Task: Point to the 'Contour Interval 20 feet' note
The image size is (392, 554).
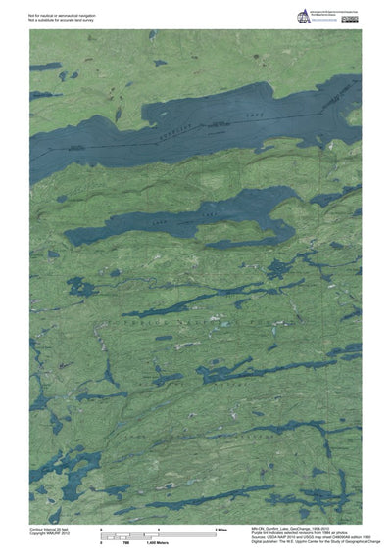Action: [x=50, y=529]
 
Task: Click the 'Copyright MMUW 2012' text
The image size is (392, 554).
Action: [x=50, y=533]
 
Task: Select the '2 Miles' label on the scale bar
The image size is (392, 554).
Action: [x=220, y=529]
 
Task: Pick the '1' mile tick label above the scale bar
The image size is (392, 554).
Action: [x=158, y=529]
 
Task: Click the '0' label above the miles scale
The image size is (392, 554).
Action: [x=102, y=529]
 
